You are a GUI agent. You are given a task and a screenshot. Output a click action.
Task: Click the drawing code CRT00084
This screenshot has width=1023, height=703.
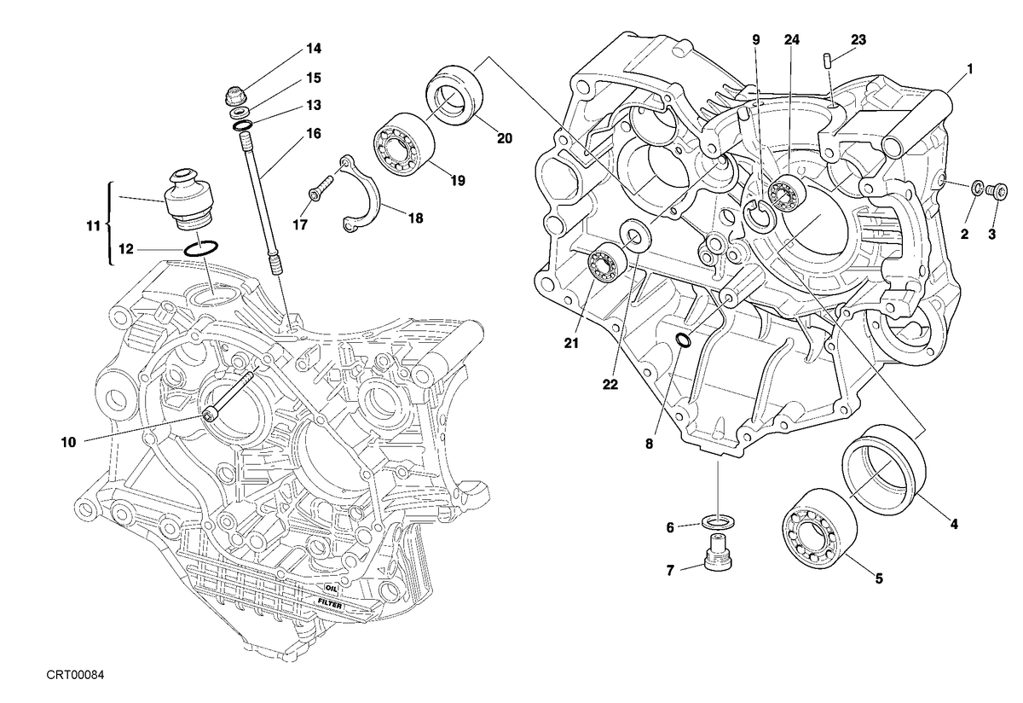pos(75,675)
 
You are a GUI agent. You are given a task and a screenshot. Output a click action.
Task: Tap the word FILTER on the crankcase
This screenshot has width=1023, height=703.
pos(330,603)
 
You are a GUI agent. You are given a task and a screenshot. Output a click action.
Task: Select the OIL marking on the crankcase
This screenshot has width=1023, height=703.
pos(331,589)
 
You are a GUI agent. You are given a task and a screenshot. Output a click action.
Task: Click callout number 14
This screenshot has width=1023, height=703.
pos(314,49)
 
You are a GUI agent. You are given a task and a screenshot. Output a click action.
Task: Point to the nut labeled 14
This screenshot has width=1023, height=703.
pos(235,97)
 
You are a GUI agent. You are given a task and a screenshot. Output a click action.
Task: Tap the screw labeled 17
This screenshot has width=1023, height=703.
pos(321,189)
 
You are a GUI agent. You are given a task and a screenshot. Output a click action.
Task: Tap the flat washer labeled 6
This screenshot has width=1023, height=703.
pos(719,522)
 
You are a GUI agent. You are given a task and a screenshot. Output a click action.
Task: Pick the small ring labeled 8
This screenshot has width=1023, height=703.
pos(684,340)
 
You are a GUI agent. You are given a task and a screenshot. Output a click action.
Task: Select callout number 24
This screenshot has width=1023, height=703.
pos(792,40)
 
